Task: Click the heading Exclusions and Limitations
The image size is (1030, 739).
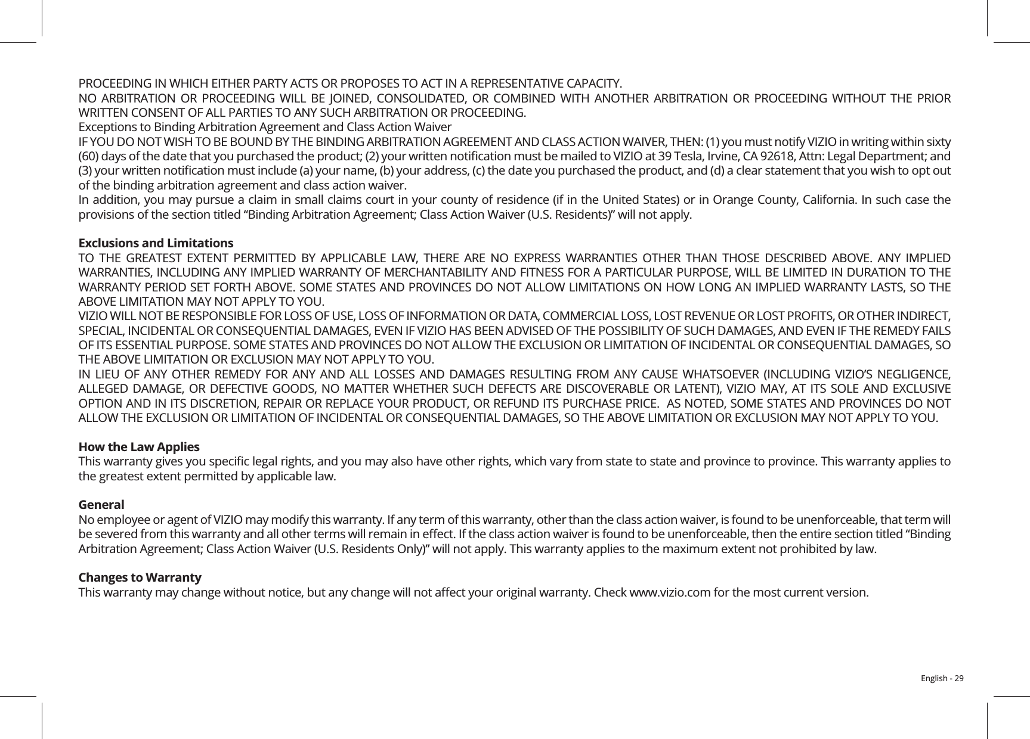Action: (156, 244)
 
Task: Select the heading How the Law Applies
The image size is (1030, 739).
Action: (139, 447)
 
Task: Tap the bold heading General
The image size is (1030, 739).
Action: (101, 505)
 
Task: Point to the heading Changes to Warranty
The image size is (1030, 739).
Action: (140, 578)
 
